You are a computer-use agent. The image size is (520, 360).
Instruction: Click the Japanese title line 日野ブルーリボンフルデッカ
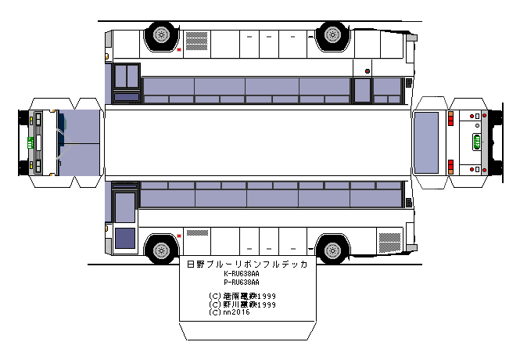tap(246, 265)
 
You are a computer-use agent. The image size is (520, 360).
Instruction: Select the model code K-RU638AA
tap(242, 274)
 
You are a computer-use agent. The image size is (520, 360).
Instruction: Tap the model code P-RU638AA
tap(242, 282)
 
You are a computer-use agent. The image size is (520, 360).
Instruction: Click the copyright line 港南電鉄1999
tap(242, 296)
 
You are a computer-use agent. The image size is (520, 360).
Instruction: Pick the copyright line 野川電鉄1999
tap(242, 304)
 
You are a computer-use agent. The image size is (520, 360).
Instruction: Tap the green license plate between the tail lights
tap(475, 142)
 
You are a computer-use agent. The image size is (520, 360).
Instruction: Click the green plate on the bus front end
tap(30, 142)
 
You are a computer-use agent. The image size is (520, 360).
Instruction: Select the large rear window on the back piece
tap(426, 142)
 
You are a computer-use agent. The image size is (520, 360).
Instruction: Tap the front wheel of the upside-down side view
tap(332, 34)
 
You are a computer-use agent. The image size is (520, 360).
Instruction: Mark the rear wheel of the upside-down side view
tap(160, 34)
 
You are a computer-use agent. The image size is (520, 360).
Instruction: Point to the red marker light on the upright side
tap(180, 235)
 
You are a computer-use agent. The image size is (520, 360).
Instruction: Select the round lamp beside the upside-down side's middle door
tap(367, 70)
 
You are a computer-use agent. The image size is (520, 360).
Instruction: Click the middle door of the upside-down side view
tap(362, 89)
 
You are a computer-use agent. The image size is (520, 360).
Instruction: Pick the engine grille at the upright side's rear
tap(388, 239)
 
